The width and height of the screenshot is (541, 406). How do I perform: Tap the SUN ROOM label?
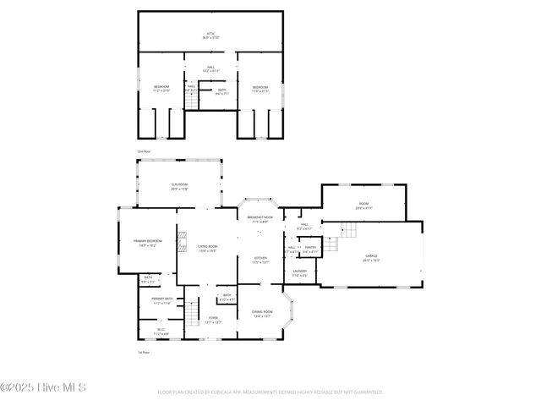coord(179,187)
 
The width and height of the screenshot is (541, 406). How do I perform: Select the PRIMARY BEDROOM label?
coord(147,243)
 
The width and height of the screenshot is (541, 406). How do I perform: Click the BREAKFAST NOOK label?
coord(260,220)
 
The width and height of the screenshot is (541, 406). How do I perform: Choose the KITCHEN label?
coord(261,261)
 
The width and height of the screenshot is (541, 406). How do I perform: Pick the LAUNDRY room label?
coord(300,273)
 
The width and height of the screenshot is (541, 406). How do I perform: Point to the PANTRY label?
coord(310,250)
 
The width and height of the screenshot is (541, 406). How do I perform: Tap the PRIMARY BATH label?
coord(162,300)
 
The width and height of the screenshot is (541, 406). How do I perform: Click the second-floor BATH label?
coord(221,92)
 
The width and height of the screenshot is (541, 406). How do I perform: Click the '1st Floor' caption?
coord(144,352)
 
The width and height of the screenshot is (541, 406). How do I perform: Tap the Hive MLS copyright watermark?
coord(43,388)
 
